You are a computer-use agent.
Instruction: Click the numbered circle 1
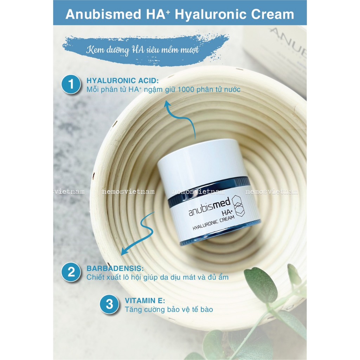pyautogui.click(x=71, y=84)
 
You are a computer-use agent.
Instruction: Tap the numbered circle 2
pyautogui.click(x=71, y=272)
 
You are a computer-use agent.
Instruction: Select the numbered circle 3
pyautogui.click(x=110, y=304)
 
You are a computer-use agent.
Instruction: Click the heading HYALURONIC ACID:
pyautogui.click(x=122, y=81)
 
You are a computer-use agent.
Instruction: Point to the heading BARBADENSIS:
pyautogui.click(x=115, y=268)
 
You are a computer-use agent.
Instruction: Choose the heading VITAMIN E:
pyautogui.click(x=145, y=301)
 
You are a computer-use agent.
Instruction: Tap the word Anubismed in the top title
pyautogui.click(x=103, y=14)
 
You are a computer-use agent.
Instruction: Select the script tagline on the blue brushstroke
pyautogui.click(x=142, y=50)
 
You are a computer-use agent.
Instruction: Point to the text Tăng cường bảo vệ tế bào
pyautogui.click(x=169, y=309)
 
